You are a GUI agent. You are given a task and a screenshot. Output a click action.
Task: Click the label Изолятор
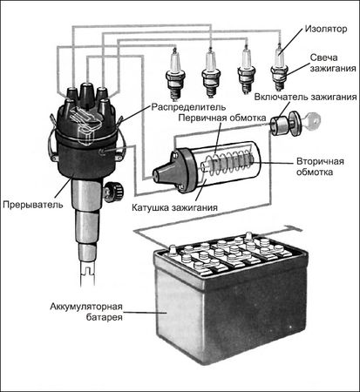(x=326, y=29)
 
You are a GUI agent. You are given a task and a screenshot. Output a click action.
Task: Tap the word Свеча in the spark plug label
(x=323, y=57)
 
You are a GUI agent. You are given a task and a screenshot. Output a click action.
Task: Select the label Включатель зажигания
(x=305, y=97)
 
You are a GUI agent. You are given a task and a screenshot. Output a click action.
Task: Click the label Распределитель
(x=188, y=107)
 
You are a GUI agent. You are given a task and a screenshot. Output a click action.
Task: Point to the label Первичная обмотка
(x=222, y=118)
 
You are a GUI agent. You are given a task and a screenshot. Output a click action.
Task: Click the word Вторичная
(x=320, y=161)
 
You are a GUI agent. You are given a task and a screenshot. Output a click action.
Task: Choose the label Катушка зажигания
(x=174, y=208)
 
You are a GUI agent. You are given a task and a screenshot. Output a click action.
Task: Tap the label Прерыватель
(x=33, y=205)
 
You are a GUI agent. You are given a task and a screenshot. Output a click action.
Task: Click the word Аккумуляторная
(x=86, y=307)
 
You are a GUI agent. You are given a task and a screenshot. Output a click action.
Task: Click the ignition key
(x=311, y=119)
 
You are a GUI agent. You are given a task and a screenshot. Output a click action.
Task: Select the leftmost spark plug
(x=175, y=72)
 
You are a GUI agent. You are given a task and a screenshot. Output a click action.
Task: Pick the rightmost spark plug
(x=279, y=67)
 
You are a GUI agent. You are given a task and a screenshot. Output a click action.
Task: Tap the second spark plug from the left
(x=211, y=73)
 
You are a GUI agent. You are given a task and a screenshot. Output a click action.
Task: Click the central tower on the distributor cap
(x=86, y=94)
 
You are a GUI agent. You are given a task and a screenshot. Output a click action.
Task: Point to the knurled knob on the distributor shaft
(x=113, y=191)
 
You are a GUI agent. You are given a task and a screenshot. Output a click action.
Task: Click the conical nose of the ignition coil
(x=164, y=172)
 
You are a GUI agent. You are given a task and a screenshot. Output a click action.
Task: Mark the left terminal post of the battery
(x=172, y=250)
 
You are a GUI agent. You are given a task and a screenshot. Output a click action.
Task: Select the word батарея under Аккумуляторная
(x=105, y=317)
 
